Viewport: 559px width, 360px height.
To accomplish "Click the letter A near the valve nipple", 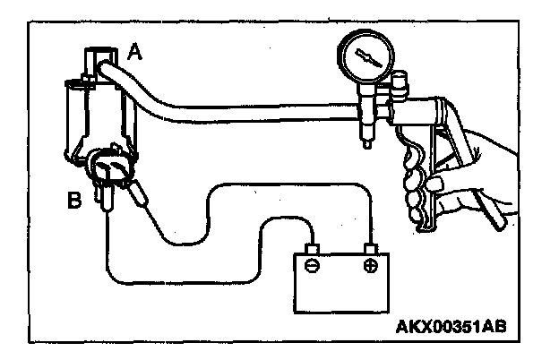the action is tap(134, 53).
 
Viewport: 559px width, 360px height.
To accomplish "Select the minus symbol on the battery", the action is tap(310, 266).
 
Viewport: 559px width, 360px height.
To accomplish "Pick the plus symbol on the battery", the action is tap(368, 266).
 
